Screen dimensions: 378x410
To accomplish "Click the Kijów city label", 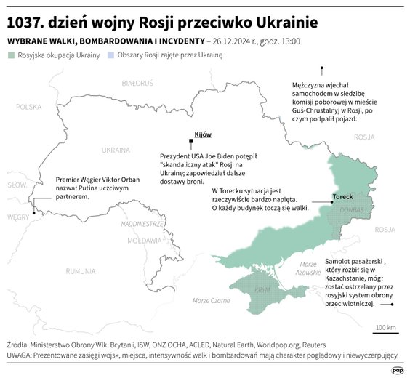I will tap(203, 135).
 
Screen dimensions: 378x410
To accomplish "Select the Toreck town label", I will tap(343, 197).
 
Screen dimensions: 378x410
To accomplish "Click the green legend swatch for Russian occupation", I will tap(11, 55).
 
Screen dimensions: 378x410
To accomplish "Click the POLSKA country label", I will tap(30, 107).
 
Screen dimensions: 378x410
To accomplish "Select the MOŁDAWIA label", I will tap(144, 240).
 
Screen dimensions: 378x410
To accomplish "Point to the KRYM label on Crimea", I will tap(263, 289).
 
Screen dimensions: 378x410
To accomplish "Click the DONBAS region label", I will tap(352, 210).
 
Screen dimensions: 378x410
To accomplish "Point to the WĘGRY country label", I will tap(18, 217).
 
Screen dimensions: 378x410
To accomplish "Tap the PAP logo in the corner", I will tap(397, 369).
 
